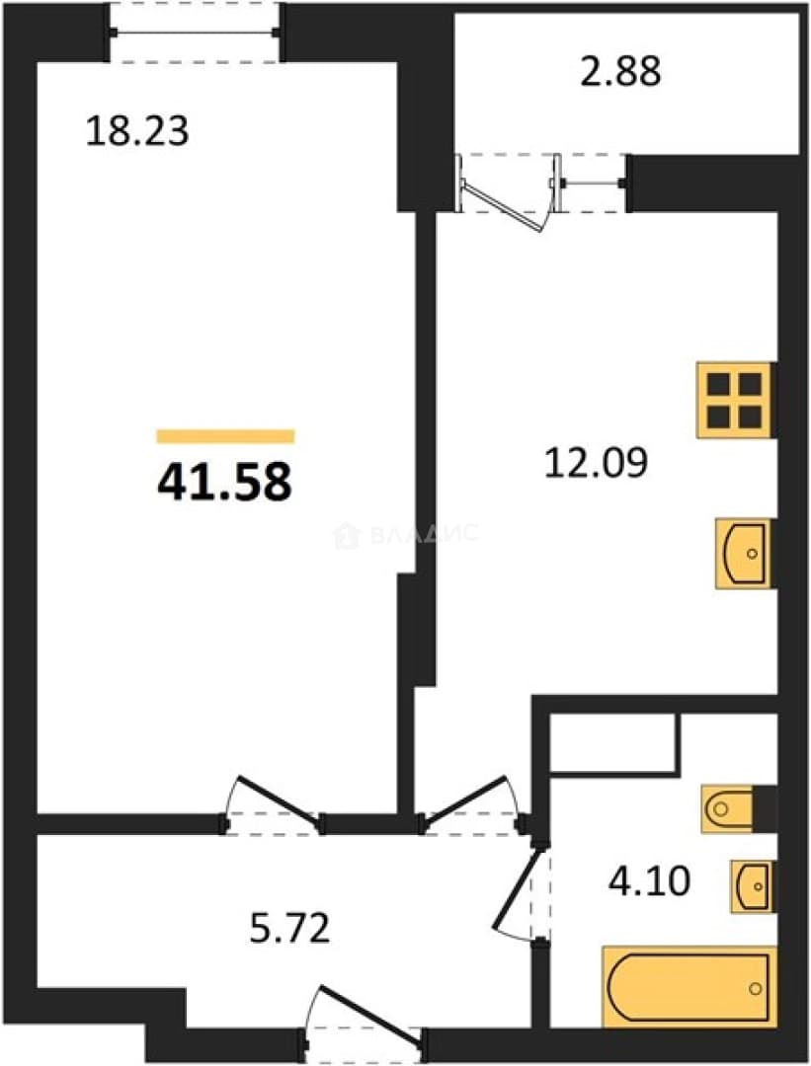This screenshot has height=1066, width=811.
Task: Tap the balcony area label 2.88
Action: coord(620,71)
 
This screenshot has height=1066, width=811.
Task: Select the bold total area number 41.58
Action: coord(224,482)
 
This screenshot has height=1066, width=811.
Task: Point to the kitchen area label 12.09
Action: coord(596,462)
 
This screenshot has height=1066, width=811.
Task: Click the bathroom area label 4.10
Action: coord(649,881)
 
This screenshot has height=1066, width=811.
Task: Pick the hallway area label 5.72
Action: coord(289,928)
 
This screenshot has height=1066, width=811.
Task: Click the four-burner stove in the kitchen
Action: coord(735,400)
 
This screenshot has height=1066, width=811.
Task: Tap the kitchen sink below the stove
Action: coord(743,553)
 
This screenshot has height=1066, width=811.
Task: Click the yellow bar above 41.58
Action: coord(225,436)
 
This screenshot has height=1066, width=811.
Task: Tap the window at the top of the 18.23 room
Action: coord(195,32)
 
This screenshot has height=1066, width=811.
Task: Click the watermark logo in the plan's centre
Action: coord(407,535)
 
